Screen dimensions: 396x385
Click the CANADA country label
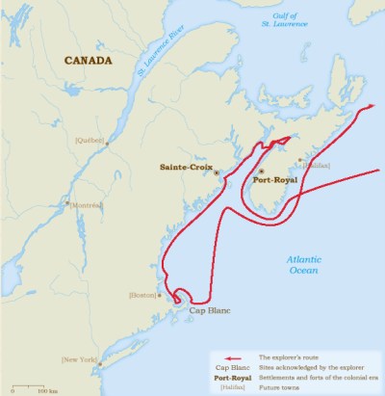[88, 61]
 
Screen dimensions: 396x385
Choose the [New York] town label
[80, 359]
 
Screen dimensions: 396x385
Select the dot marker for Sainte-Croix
[217, 173]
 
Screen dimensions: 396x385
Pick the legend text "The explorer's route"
[296, 356]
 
